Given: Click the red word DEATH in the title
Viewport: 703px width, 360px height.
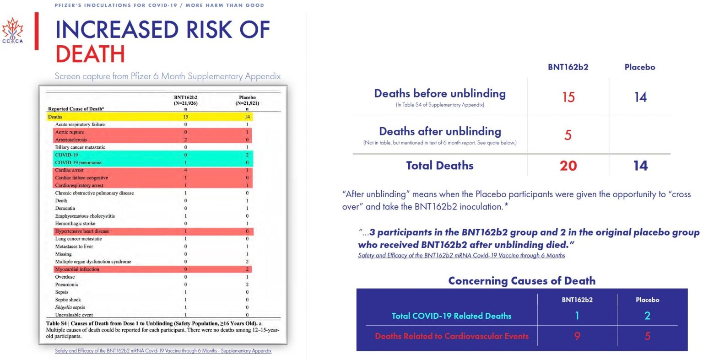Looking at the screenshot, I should [x=90, y=54].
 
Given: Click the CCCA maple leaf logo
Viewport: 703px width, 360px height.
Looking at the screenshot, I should [x=12, y=31].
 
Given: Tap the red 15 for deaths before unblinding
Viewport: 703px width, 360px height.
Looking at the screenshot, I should [x=568, y=97].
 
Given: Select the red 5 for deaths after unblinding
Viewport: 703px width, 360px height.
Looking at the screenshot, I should [x=568, y=135].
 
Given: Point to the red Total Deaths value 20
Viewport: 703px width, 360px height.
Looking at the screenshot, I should [x=568, y=166].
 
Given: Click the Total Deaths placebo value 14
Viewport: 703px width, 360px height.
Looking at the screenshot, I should [x=640, y=166].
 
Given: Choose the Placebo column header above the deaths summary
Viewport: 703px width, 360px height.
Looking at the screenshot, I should [x=639, y=67].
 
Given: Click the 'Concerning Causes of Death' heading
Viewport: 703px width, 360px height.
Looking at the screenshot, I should [x=522, y=281].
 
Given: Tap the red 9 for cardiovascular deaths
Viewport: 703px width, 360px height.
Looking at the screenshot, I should [x=577, y=336].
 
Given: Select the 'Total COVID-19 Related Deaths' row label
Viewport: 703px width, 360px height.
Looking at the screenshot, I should [x=451, y=316].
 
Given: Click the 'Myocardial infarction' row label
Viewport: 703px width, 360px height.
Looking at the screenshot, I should [x=77, y=269].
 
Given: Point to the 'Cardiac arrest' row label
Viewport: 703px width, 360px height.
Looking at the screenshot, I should [x=69, y=170].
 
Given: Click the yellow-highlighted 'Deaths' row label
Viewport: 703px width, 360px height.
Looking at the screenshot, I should [x=55, y=117].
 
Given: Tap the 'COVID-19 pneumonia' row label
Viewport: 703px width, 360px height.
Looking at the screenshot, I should [x=78, y=162].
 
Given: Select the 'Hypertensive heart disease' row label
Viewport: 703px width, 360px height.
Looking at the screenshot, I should [x=82, y=231].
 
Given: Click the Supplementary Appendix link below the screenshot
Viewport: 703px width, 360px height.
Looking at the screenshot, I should [x=163, y=351].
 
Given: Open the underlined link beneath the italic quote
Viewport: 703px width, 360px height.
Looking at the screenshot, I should [x=461, y=256].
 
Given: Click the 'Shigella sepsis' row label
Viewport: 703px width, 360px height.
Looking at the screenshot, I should [x=70, y=307].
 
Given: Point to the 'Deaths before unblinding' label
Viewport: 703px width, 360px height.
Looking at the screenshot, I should [x=440, y=94].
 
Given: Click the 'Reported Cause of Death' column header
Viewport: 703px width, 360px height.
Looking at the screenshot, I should [x=76, y=109].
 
